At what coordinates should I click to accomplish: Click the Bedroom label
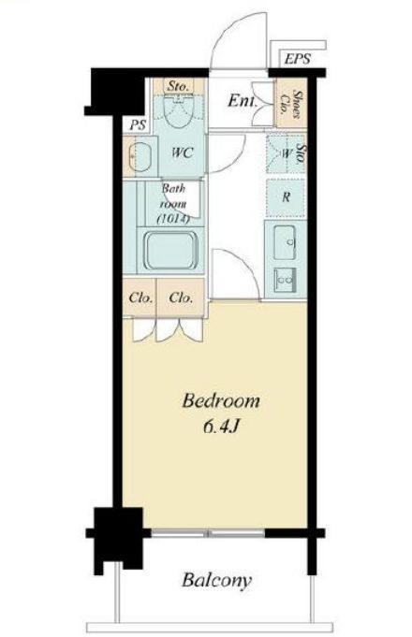click(x=221, y=401)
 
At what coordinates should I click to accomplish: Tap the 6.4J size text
click(x=220, y=427)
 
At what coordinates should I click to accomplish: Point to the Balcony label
click(x=216, y=580)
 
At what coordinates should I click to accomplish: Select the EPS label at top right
click(x=298, y=59)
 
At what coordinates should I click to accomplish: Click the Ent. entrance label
click(x=243, y=101)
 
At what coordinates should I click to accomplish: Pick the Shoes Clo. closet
click(x=291, y=104)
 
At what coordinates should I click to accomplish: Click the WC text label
click(x=182, y=152)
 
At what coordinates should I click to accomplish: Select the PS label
click(x=138, y=124)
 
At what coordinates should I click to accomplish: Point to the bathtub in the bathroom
click(x=172, y=251)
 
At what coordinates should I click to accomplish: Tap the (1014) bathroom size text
click(x=173, y=219)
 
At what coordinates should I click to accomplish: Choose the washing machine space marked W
click(x=286, y=153)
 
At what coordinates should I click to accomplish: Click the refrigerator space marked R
click(x=286, y=197)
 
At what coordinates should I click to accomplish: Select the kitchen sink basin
click(x=285, y=242)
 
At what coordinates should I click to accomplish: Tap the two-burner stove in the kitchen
click(x=285, y=280)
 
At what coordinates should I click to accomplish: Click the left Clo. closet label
click(x=140, y=297)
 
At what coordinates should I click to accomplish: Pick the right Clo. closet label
click(x=181, y=297)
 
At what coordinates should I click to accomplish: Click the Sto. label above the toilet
click(x=178, y=86)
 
